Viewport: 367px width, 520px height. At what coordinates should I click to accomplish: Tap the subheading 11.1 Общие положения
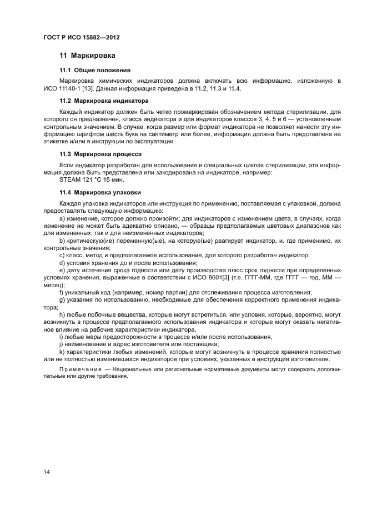click(95, 70)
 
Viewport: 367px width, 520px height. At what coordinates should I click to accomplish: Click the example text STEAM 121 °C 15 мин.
click(88, 179)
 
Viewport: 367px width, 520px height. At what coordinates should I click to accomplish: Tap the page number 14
click(47, 472)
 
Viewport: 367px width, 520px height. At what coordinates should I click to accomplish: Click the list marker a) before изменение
click(62, 218)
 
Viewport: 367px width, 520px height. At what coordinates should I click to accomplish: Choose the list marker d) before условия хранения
click(62, 262)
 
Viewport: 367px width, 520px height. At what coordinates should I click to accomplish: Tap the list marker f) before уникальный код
click(61, 292)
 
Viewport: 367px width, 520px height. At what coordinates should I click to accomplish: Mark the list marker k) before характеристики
click(62, 352)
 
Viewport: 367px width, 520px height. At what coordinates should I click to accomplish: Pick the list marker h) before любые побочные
click(62, 314)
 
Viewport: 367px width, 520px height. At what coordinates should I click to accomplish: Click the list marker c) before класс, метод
click(62, 255)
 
